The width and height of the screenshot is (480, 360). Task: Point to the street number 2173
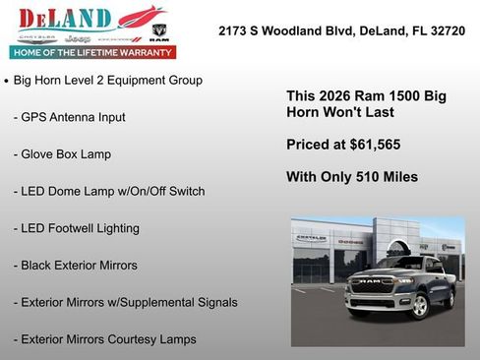pos(235,31)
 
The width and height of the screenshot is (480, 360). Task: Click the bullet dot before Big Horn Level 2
pos(7,81)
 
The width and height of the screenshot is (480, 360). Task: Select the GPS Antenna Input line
pos(69,117)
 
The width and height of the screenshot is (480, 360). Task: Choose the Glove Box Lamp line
pos(62,154)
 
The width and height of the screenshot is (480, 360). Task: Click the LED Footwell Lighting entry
pos(76,228)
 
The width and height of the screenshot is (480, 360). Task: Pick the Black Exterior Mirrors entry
pos(76,266)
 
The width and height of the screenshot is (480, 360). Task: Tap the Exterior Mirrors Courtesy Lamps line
pos(104,339)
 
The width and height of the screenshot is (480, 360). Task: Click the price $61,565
pos(372,145)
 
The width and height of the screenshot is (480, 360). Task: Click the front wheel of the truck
pos(419,304)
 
